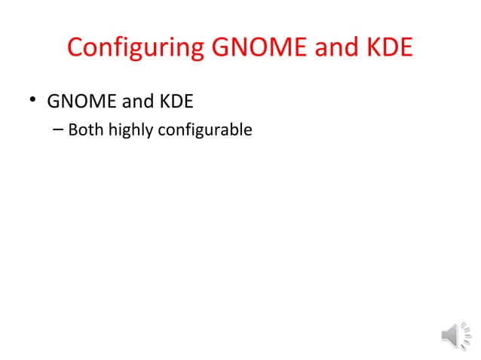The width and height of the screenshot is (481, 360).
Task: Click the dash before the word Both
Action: pos(59,130)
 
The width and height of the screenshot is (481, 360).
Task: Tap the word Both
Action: pos(85,130)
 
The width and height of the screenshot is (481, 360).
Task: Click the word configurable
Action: pos(204,131)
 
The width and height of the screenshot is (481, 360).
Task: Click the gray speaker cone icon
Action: pos(450,335)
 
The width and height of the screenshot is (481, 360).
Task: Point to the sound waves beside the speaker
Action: pos(467,335)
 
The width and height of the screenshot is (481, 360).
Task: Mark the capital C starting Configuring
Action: pos(75,48)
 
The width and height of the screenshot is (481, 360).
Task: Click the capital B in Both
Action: pos(73,130)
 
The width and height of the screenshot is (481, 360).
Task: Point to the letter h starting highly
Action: pos(113,130)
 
